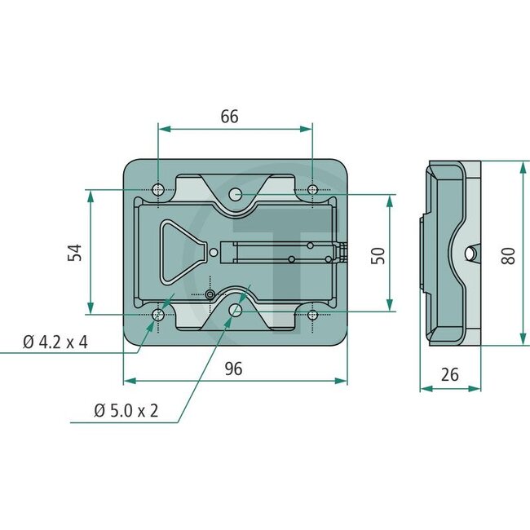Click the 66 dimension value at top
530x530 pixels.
pos(229,117)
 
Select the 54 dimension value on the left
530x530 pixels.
pos(76,252)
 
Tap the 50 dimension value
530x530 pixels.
pos(377,254)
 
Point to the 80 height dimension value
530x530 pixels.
pos(509,254)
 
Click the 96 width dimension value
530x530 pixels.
pos(234,369)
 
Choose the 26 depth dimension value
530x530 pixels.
pos(448,374)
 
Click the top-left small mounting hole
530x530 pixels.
pos(158,190)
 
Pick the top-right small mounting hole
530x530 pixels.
pos(312,190)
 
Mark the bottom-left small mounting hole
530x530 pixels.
pos(158,314)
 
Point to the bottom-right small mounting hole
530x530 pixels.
pos(312,314)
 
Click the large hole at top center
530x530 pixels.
pos(236,194)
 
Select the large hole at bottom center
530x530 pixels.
pos(236,309)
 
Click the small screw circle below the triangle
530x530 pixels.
pos(210,293)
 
